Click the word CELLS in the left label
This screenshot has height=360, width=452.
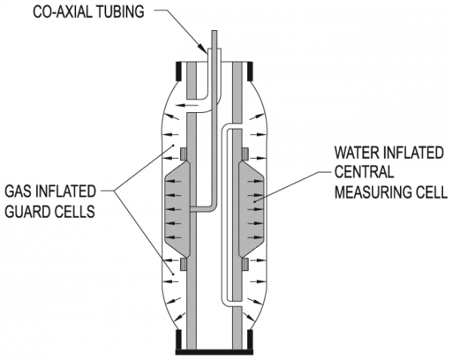click(x=73, y=212)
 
